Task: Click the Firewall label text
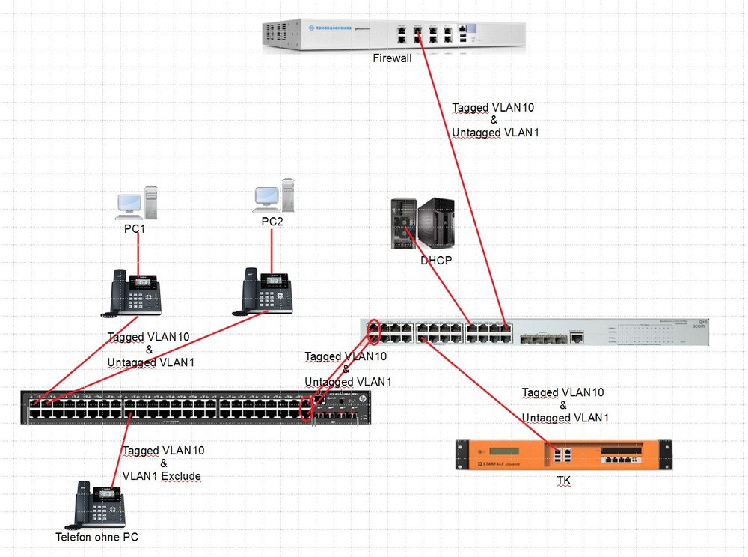coord(393,58)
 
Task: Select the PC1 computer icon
coord(137,202)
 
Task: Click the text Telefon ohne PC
coord(96,537)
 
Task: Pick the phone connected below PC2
coord(266,290)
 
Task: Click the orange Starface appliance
coord(564,455)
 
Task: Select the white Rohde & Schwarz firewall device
coord(393,34)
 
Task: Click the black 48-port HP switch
coord(194,408)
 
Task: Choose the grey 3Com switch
coord(534,332)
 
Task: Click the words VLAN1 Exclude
coord(162,476)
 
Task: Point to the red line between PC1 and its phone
coord(138,255)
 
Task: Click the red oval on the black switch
coord(305,409)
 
